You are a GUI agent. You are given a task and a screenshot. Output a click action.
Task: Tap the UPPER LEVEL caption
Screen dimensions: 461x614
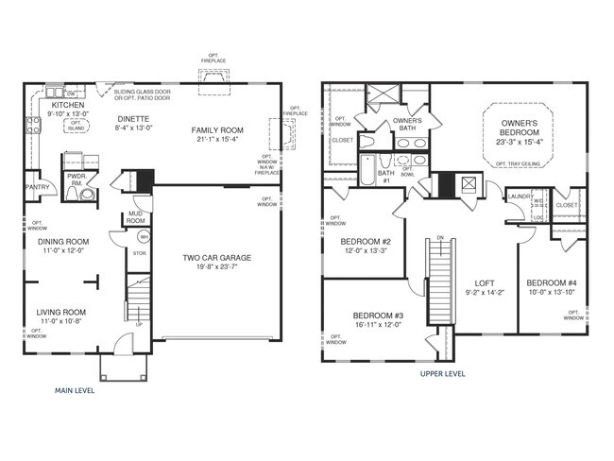click(x=443, y=373)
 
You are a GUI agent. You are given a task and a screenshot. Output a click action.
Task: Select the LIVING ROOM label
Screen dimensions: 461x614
click(x=61, y=312)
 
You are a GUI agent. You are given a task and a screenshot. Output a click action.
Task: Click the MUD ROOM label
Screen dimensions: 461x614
click(x=135, y=217)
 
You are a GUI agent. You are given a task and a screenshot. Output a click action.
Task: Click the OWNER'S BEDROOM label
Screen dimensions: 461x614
click(x=520, y=127)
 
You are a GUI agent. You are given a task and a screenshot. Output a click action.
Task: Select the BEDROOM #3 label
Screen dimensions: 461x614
click(x=378, y=315)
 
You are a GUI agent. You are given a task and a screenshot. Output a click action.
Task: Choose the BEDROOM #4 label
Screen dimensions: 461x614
click(x=551, y=283)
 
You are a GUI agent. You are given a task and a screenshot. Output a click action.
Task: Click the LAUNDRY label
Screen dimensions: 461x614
click(x=520, y=196)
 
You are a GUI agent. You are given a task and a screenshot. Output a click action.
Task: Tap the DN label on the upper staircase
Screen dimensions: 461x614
click(x=438, y=238)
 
